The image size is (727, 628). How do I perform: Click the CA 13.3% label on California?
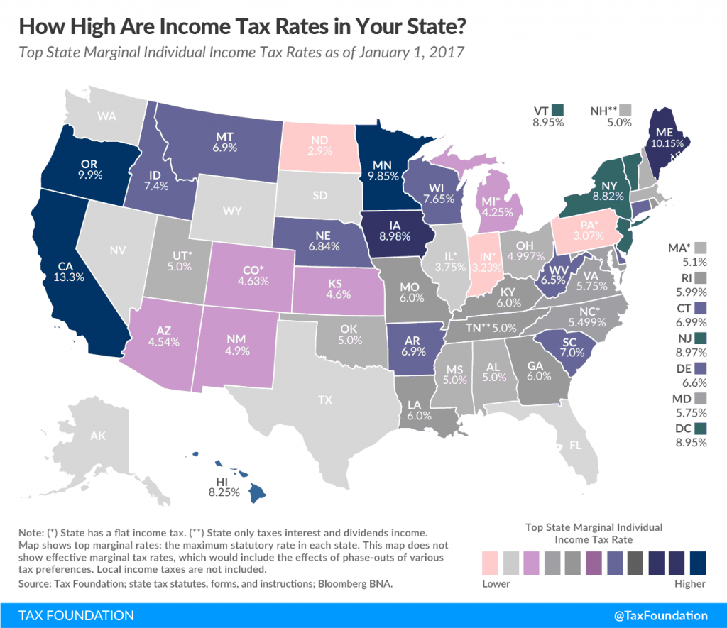click(x=72, y=271)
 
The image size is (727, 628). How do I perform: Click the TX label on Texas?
click(x=324, y=400)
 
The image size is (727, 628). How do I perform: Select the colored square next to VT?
click(x=557, y=111)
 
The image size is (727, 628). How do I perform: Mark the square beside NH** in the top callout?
click(x=625, y=111)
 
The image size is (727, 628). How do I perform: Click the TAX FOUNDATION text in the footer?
click(x=67, y=615)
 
